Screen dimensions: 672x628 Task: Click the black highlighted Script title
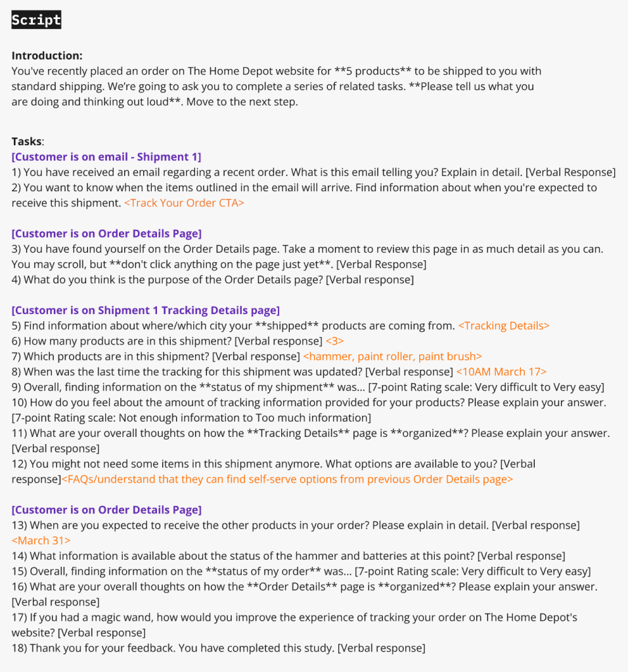36,20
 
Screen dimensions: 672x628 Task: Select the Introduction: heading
47,56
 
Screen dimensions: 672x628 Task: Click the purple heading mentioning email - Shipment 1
106,156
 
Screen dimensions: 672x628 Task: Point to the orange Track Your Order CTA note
184,203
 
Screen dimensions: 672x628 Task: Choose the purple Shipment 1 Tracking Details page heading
145,310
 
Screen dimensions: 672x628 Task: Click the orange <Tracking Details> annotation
503,326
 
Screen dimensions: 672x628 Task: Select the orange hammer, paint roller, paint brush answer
392,357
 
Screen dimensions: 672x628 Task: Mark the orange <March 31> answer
41,541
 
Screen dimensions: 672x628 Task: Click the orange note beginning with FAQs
287,480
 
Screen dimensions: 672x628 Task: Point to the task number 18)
19,648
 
